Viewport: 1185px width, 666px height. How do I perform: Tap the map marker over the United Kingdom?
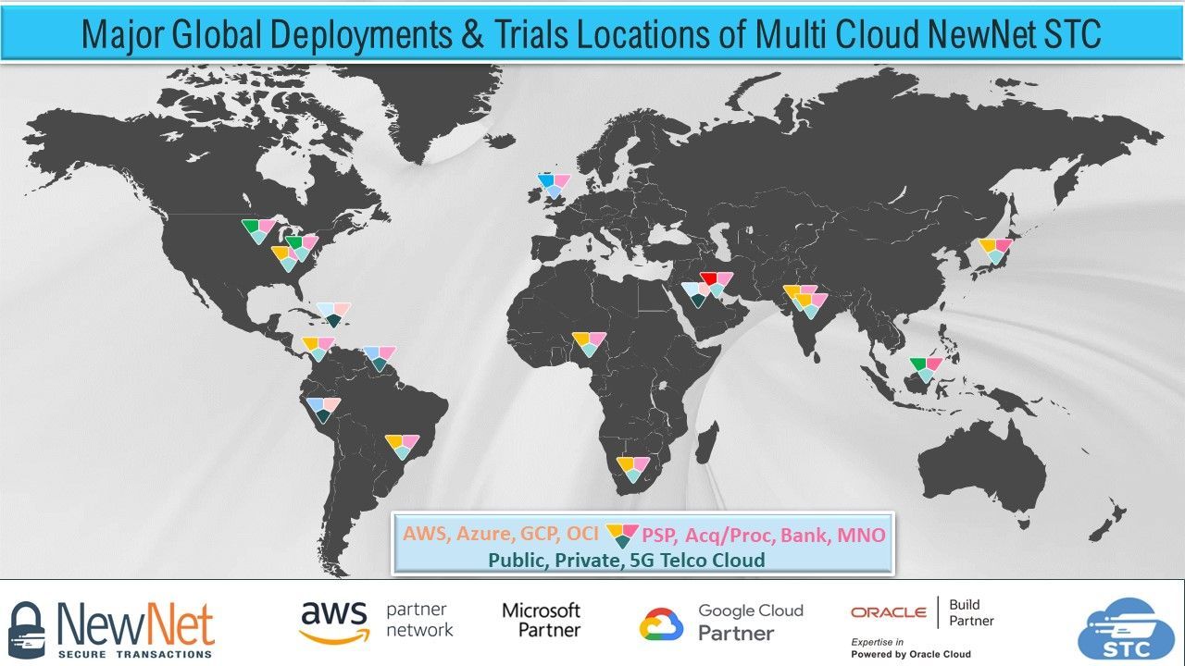click(554, 185)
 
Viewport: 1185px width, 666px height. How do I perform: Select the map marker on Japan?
click(995, 250)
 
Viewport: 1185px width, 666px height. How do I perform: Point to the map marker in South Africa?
click(632, 468)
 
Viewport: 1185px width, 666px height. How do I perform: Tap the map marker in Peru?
click(323, 410)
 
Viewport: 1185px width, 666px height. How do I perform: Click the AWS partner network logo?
click(376, 622)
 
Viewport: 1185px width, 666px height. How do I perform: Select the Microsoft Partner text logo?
click(542, 620)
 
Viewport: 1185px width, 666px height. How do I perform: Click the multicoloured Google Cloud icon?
click(661, 623)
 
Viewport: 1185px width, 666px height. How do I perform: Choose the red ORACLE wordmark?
click(888, 612)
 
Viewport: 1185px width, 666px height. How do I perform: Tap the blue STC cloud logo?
click(1125, 629)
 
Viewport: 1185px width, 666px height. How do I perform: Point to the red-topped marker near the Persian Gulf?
click(716, 283)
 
